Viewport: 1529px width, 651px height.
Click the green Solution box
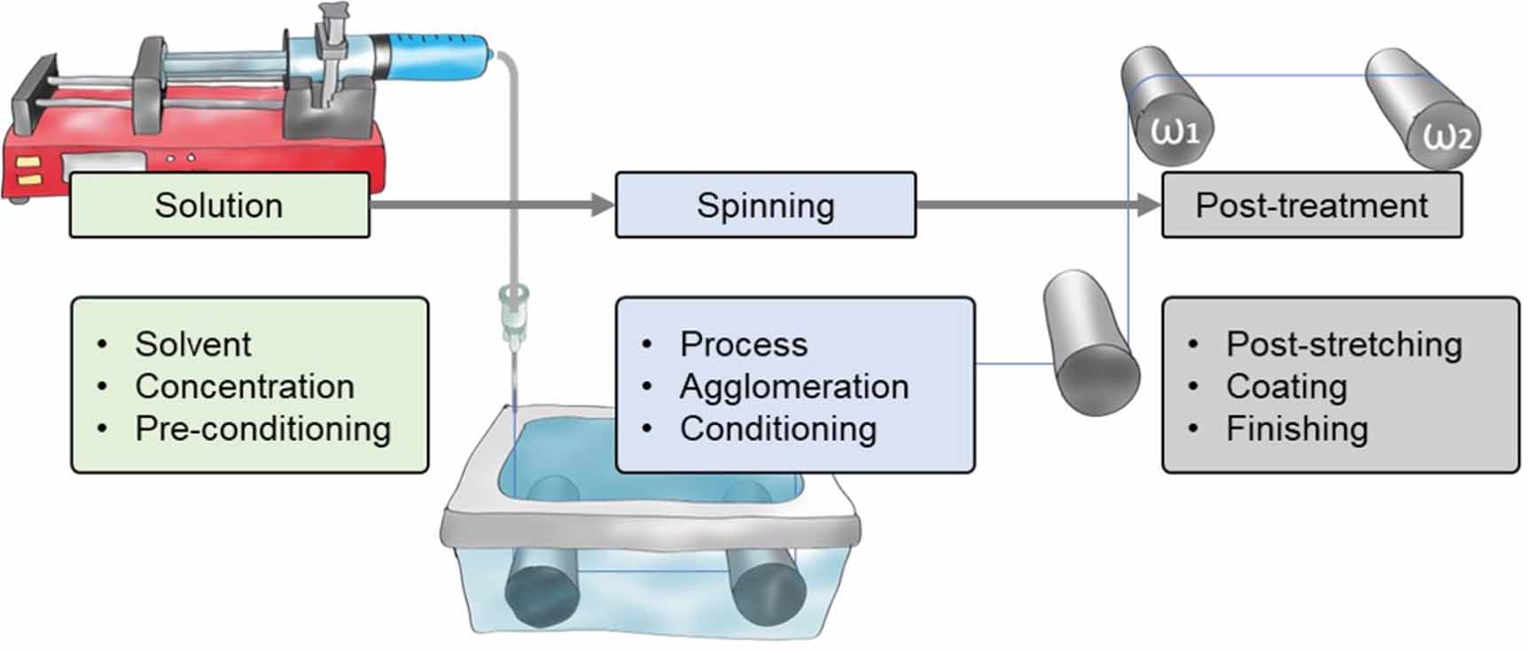[x=219, y=205]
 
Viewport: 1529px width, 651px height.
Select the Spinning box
[x=765, y=205]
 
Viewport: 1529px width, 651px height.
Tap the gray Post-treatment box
[x=1311, y=205]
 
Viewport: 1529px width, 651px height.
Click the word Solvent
[x=192, y=344]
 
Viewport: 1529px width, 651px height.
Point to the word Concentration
[x=244, y=386]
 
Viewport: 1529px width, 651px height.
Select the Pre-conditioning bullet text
[x=262, y=429]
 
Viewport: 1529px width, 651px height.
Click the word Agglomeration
[x=793, y=386]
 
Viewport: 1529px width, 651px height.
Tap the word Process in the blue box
[x=743, y=344]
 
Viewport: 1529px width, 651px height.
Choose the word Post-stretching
[x=1343, y=344]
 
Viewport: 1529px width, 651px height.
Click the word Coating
[x=1285, y=386]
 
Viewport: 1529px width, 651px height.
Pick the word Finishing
[x=1296, y=429]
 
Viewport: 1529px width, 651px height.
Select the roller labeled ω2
[x=1423, y=111]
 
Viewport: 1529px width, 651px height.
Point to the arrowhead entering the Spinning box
[x=603, y=205]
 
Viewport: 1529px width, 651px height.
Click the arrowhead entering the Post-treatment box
[x=1149, y=205]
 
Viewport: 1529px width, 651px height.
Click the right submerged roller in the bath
[x=767, y=589]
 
